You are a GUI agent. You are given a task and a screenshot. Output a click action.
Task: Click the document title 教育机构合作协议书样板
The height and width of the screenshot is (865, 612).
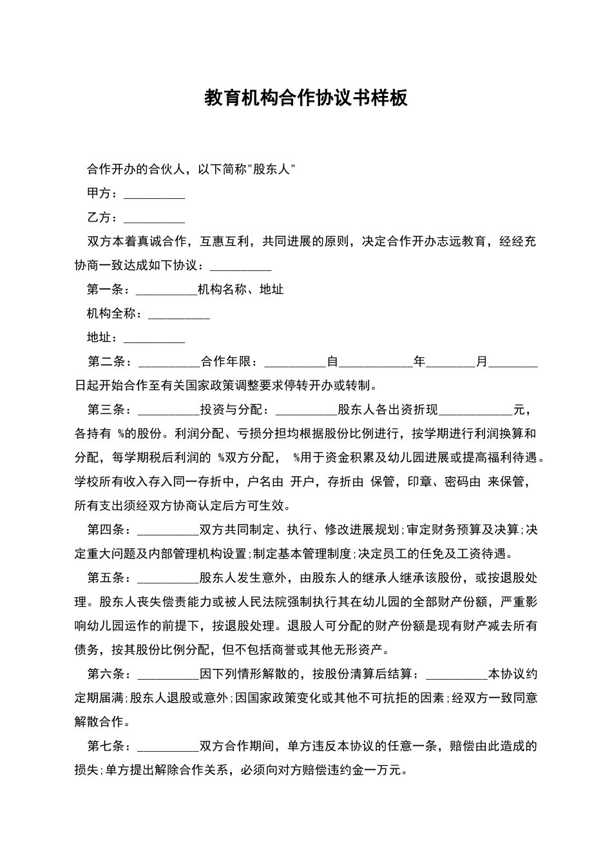pos(306,98)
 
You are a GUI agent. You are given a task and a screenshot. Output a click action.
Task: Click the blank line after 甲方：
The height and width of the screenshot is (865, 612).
pos(154,194)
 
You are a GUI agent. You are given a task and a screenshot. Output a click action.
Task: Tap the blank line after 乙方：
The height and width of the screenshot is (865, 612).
pos(154,218)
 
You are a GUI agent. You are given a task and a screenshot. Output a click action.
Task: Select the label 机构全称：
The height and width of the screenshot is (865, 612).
pos(111,313)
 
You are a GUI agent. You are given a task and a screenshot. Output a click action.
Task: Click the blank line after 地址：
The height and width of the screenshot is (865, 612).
pos(154,339)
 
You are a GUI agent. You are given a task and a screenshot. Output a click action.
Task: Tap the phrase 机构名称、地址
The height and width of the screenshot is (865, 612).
pos(241,290)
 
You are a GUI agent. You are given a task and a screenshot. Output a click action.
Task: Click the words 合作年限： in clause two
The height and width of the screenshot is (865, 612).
pos(229,362)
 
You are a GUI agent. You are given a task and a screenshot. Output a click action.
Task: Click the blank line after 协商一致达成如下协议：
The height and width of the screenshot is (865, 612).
pos(241,266)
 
